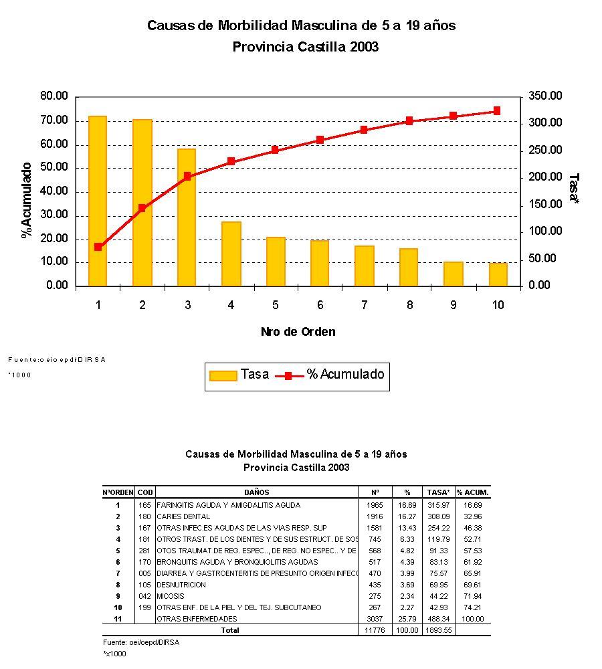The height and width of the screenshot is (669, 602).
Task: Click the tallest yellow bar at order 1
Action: pyautogui.click(x=98, y=201)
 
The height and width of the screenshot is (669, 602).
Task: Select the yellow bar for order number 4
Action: pyautogui.click(x=231, y=254)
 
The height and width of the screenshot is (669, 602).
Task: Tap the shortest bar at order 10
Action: pyautogui.click(x=498, y=274)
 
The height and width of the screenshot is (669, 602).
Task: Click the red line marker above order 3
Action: pyautogui.click(x=187, y=177)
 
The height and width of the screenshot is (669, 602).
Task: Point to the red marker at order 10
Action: pyautogui.click(x=497, y=111)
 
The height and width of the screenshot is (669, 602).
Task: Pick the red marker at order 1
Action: pyautogui.click(x=98, y=247)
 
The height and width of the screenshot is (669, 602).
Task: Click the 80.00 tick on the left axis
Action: pyautogui.click(x=54, y=96)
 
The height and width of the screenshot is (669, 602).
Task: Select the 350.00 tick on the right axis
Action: pyautogui.click(x=546, y=96)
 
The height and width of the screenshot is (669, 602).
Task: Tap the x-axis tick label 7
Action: pyautogui.click(x=365, y=305)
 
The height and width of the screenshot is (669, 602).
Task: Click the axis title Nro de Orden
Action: pyautogui.click(x=298, y=332)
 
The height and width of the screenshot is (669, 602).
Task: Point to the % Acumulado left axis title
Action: pyautogui.click(x=27, y=199)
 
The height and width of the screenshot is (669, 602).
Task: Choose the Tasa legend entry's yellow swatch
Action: pyautogui.click(x=223, y=375)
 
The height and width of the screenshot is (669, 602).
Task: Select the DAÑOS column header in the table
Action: pyautogui.click(x=257, y=492)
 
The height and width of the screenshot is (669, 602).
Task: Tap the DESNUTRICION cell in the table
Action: pyautogui.click(x=181, y=585)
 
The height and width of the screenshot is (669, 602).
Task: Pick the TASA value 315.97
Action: pyautogui.click(x=438, y=505)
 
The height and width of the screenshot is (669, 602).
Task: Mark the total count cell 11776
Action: pyautogui.click(x=375, y=630)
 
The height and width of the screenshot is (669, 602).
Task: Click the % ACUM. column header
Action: pyautogui.click(x=473, y=492)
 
